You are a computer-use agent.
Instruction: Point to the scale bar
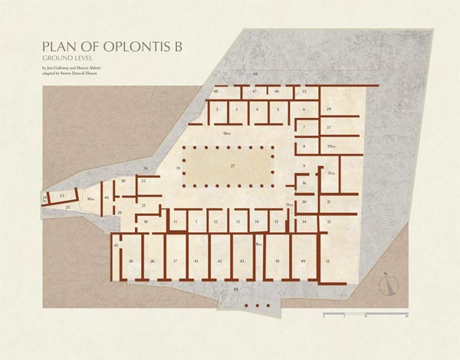click(365, 315)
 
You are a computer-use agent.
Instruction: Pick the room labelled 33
click(327, 261)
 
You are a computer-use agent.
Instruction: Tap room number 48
click(216, 91)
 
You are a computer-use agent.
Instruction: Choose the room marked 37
click(328, 127)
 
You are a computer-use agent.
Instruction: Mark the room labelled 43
click(242, 261)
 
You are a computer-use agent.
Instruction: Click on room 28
click(131, 261)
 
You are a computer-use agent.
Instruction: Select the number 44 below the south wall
click(236, 290)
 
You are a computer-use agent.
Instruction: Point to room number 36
click(304, 183)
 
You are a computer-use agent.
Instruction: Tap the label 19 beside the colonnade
click(178, 167)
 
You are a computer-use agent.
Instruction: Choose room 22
click(143, 181)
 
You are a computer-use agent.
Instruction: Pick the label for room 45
click(116, 245)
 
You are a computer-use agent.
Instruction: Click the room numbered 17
click(175, 261)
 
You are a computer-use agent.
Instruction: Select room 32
click(328, 221)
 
